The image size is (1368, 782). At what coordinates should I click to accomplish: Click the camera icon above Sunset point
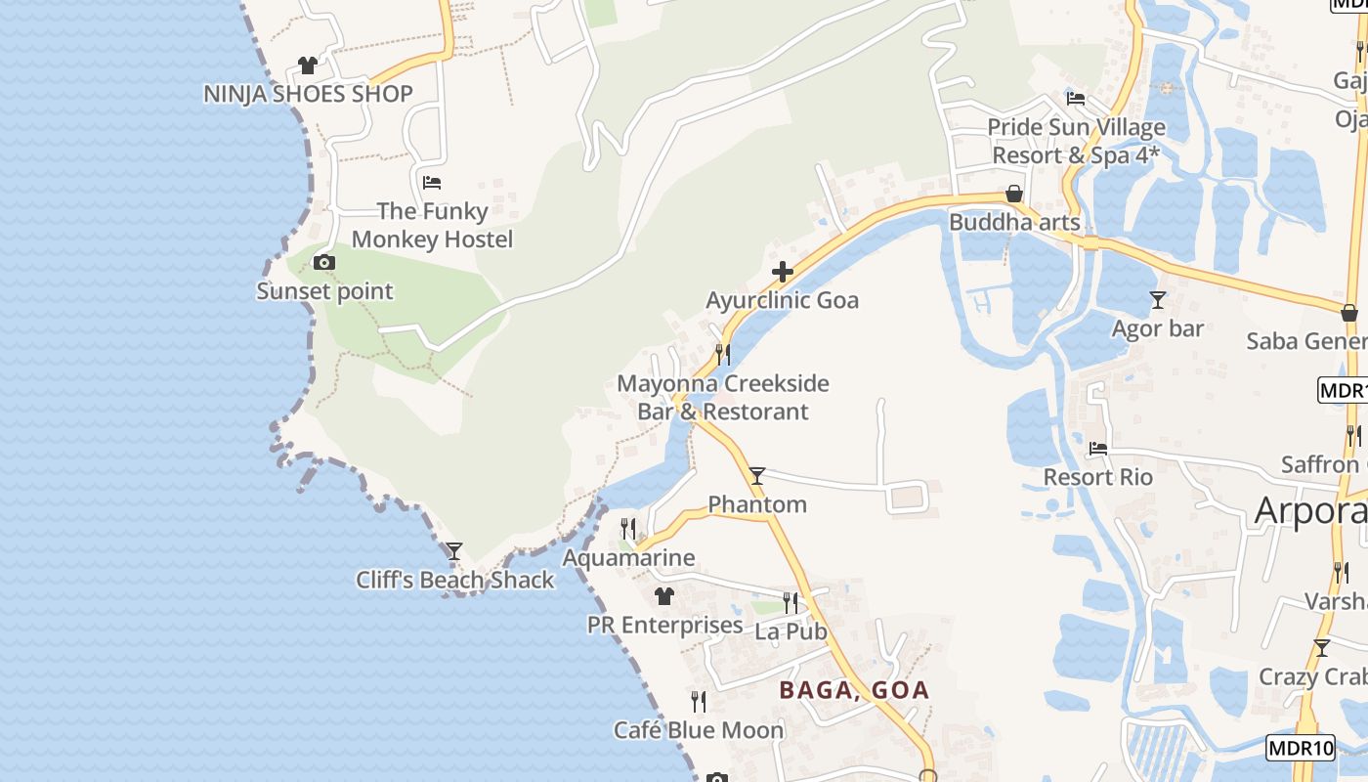(x=324, y=262)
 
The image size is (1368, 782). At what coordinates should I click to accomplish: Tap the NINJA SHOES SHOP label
(x=308, y=94)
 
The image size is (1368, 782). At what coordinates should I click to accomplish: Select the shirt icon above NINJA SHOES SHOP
(x=308, y=65)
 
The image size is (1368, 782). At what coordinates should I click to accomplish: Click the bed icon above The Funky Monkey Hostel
(x=432, y=182)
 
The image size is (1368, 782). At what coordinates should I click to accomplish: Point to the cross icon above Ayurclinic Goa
(x=782, y=272)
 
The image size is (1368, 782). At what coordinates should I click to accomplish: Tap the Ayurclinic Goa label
(x=782, y=300)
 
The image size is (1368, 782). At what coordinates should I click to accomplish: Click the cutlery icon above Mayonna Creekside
(x=723, y=354)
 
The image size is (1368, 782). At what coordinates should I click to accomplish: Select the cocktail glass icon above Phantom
(x=757, y=476)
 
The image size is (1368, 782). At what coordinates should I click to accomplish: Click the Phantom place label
(x=757, y=504)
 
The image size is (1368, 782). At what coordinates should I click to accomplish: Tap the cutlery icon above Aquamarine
(x=628, y=529)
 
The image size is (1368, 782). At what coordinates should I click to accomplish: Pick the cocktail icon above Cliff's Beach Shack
(x=454, y=551)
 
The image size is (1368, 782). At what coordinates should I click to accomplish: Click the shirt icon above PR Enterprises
(x=664, y=595)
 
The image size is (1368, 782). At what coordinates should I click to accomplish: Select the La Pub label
(x=791, y=631)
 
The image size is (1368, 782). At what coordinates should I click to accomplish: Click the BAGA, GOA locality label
(x=854, y=690)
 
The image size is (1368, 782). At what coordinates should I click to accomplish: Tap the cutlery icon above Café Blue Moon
(x=699, y=701)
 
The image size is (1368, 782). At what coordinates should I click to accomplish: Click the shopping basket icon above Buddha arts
(x=1014, y=194)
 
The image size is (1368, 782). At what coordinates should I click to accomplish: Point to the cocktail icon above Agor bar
(x=1158, y=300)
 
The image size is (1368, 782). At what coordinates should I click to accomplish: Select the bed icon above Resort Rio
(x=1098, y=449)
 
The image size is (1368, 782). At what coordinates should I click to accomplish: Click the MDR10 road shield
(x=1301, y=749)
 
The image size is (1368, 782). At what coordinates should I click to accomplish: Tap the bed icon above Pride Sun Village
(x=1076, y=99)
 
